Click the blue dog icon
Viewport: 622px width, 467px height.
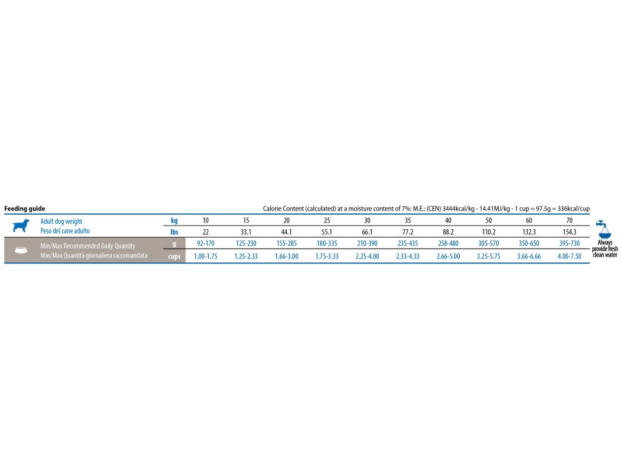tap(21, 226)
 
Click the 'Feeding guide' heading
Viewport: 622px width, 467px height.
tap(25, 209)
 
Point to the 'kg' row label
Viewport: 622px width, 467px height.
tap(174, 221)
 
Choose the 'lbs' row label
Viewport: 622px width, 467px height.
tap(174, 232)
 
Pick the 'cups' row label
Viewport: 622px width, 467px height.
tap(174, 257)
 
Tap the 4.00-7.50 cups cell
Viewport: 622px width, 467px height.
tap(569, 257)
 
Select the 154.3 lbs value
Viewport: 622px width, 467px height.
tap(569, 232)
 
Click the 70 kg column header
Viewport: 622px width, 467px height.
tap(569, 221)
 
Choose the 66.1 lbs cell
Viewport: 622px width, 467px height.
tap(367, 232)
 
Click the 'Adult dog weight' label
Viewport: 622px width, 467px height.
tap(61, 221)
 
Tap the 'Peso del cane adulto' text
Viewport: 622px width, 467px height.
tap(64, 232)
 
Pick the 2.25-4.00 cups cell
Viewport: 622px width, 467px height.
tap(367, 257)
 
